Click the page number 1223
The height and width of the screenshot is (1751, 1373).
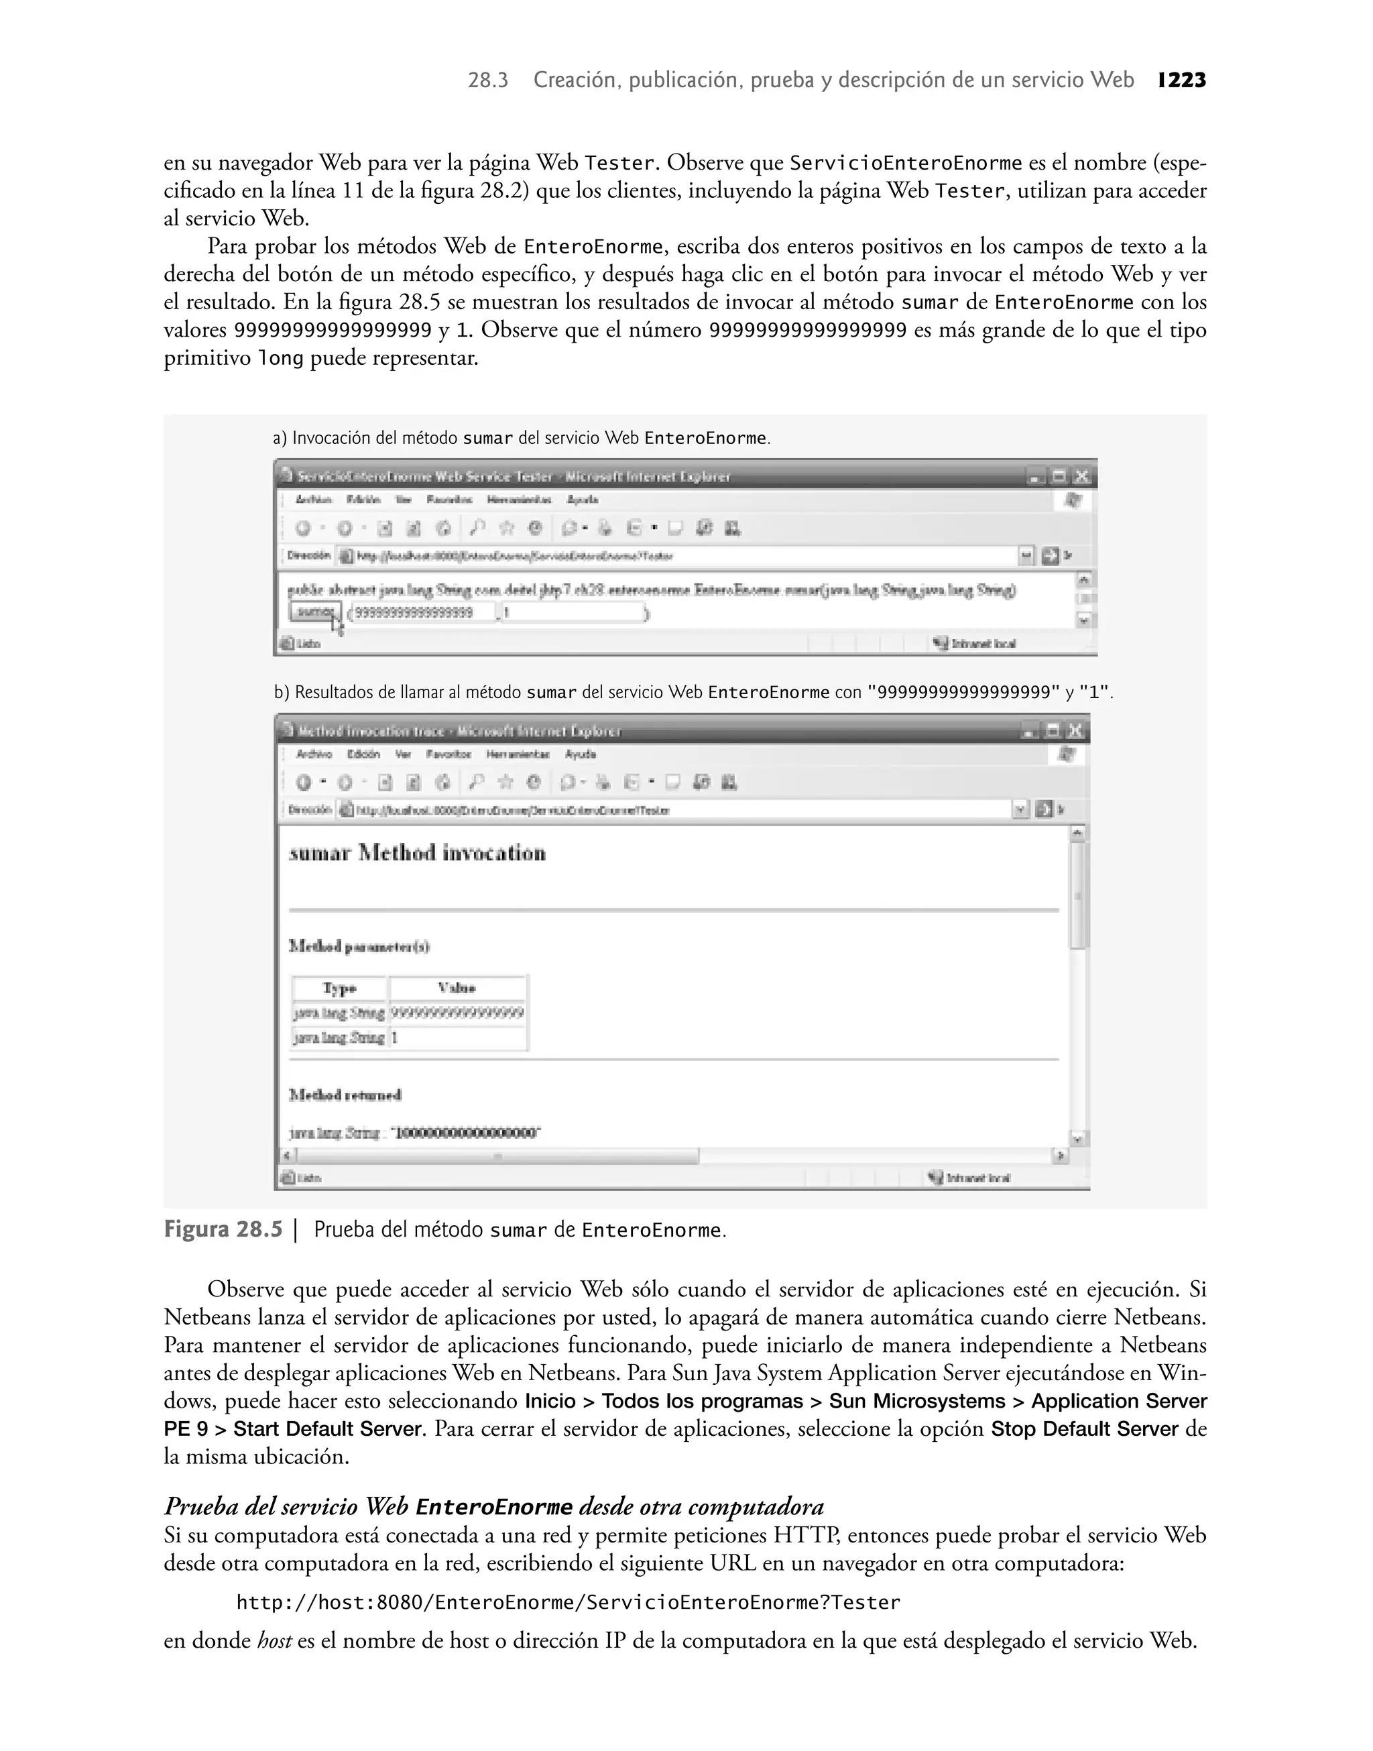pos(1182,80)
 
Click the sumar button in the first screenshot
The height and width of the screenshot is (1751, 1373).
pos(314,612)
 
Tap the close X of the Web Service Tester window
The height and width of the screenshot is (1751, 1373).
pos(1082,477)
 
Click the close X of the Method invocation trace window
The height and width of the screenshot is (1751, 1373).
pos(1075,731)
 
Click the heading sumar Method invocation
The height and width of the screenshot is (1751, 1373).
pos(417,853)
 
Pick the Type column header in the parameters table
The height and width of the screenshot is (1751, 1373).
pos(339,988)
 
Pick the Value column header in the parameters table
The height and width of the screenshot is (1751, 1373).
pos(457,988)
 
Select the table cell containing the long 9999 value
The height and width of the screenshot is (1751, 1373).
pos(457,1013)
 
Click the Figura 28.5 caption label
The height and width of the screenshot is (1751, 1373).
pos(223,1230)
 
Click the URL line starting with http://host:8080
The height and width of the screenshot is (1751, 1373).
pos(568,1602)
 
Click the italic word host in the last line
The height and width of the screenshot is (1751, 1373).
pos(274,1641)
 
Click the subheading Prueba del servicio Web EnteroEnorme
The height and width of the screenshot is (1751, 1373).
pos(493,1507)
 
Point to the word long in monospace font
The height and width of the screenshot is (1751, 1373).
pos(280,359)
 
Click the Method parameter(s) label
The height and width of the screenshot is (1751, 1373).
pos(359,946)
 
